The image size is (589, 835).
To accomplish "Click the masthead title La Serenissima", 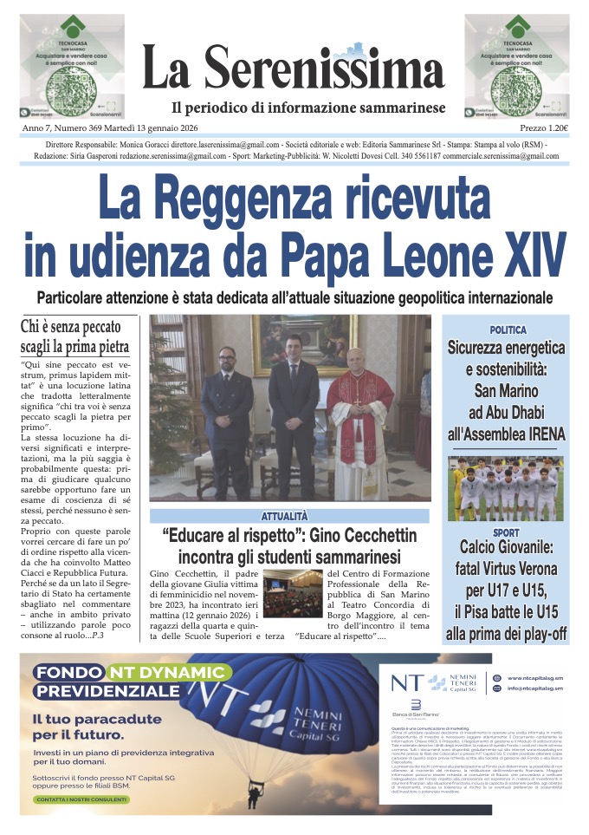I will pyautogui.click(x=294, y=68).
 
